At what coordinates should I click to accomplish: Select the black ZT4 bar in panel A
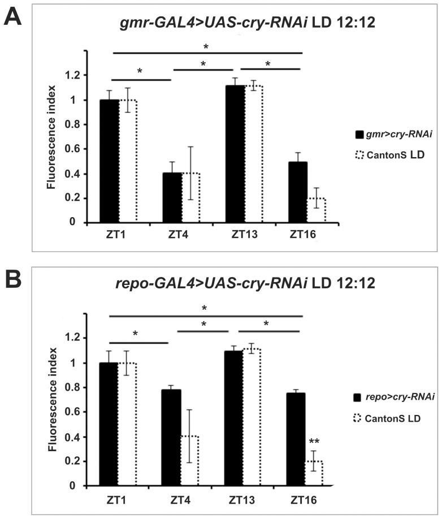coord(172,197)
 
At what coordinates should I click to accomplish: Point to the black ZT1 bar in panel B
coord(109,424)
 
